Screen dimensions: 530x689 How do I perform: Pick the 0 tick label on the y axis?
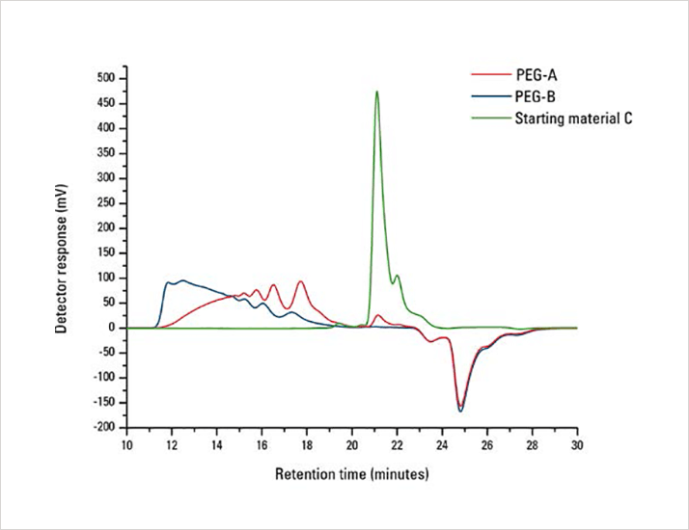tap(112, 328)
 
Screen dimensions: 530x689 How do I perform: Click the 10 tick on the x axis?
tap(126, 446)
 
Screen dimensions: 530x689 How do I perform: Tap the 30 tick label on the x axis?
tap(577, 446)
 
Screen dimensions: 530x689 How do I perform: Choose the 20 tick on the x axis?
tap(352, 446)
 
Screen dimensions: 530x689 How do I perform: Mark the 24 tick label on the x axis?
tap(442, 446)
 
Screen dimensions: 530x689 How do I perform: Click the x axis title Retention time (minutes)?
tap(351, 475)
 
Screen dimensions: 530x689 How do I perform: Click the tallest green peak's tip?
tap(376, 92)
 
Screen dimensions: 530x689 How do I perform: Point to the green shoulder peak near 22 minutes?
tap(397, 276)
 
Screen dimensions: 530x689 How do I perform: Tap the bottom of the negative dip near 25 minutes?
tap(461, 411)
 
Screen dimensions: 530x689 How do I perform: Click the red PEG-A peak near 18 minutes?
tap(300, 281)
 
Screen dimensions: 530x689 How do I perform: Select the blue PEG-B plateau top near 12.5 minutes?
tap(182, 280)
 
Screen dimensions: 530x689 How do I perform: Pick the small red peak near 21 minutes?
tap(378, 315)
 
